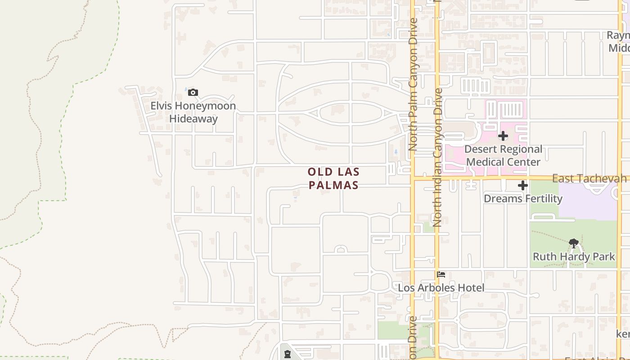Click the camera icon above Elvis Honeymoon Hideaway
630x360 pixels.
tap(193, 93)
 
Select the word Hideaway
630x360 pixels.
tap(193, 119)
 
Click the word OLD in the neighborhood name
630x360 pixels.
tap(321, 172)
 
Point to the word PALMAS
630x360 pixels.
tap(333, 185)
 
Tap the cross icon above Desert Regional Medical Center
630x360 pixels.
tap(503, 136)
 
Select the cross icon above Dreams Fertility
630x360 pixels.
tap(522, 185)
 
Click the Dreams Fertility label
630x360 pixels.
tap(523, 198)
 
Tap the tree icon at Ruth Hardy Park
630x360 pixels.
tap(574, 244)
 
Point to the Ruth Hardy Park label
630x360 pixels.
tap(574, 256)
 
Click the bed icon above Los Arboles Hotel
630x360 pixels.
tap(441, 274)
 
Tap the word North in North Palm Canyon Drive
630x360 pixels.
tap(413, 137)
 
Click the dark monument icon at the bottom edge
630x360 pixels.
tap(288, 354)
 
